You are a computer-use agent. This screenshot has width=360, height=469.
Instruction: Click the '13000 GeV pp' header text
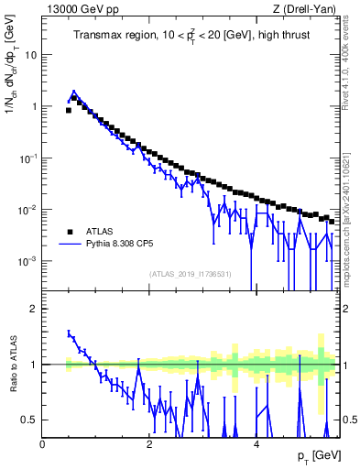[78, 9]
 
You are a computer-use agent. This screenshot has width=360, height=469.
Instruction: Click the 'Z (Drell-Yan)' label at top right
[306, 9]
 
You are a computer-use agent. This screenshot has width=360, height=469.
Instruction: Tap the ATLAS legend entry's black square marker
[70, 232]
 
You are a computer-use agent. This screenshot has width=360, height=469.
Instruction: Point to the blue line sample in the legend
[70, 245]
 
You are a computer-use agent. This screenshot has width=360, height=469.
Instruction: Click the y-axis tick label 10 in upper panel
[32, 54]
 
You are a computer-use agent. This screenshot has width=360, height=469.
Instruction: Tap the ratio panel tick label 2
[35, 309]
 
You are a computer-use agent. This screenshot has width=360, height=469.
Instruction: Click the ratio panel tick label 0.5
[31, 420]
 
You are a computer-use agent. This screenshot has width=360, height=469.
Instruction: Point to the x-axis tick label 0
[43, 443]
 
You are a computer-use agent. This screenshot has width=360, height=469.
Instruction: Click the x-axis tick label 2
[150, 443]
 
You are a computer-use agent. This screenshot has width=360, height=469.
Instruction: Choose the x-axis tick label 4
[257, 443]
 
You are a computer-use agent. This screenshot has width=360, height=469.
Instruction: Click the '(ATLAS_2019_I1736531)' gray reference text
[190, 275]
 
